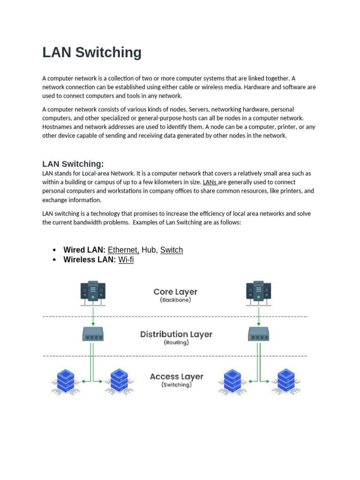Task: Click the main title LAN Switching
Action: click(x=92, y=52)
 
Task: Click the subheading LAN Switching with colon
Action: click(x=73, y=164)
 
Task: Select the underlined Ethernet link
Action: click(x=123, y=250)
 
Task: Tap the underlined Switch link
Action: click(x=172, y=250)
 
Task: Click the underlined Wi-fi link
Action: click(x=126, y=259)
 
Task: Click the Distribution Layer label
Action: click(x=176, y=334)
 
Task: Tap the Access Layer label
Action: click(x=176, y=376)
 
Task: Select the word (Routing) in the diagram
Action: click(x=176, y=343)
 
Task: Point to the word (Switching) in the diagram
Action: click(x=176, y=385)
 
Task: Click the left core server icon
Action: click(x=93, y=293)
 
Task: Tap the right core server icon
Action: click(x=258, y=293)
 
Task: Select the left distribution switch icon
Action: click(x=93, y=334)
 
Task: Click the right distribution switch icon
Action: click(x=258, y=334)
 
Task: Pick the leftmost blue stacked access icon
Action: click(x=66, y=381)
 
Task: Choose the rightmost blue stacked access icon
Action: click(x=285, y=381)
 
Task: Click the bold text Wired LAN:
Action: click(x=84, y=250)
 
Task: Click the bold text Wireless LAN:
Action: click(x=90, y=259)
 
